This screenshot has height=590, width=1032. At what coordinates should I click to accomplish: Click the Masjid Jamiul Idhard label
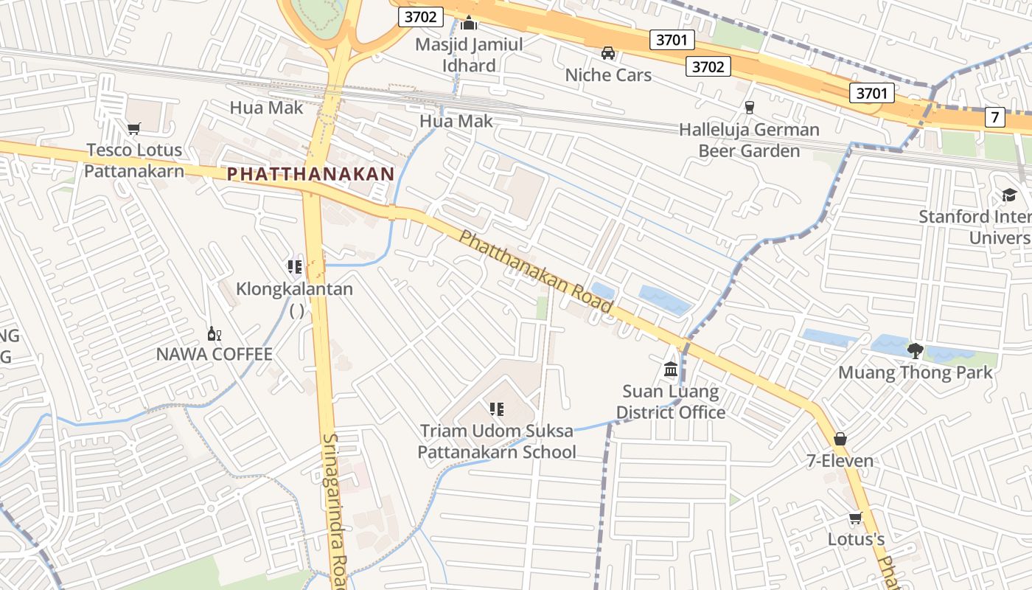point(469,55)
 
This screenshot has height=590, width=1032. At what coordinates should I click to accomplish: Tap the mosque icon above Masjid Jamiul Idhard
point(469,23)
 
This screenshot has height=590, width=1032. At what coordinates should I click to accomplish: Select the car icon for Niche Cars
point(608,52)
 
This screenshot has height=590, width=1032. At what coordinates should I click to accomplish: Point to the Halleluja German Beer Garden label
point(749,140)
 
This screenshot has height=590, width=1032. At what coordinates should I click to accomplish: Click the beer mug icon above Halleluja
point(750,108)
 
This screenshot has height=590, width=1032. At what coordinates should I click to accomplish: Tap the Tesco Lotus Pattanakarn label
point(133,160)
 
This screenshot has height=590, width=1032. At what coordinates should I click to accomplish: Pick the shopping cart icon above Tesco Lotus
point(133,129)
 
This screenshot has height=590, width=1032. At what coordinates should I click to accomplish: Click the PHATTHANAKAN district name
point(310,174)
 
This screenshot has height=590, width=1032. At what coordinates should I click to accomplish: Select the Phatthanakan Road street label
point(536,271)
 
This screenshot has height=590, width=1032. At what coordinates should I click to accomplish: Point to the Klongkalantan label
point(295,289)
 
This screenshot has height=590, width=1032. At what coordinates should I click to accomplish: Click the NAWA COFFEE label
point(215,354)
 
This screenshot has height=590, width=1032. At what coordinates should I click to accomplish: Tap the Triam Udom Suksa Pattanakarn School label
point(497,441)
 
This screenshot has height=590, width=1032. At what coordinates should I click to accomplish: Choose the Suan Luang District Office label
point(671,401)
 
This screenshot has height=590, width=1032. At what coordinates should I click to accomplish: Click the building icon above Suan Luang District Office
point(671,368)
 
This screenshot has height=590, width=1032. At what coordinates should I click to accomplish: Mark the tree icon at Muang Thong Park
point(916,350)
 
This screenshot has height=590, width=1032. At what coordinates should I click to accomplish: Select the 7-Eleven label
point(840,461)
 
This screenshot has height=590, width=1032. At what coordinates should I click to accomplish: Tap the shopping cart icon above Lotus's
point(855,518)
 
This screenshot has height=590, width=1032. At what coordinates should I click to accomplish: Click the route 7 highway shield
point(995,117)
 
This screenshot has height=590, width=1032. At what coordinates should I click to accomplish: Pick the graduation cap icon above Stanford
point(1009,195)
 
